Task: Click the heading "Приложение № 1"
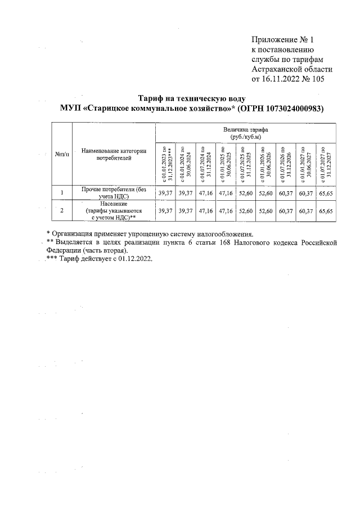pyautogui.click(x=283, y=39)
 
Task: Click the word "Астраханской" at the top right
pyautogui.click(x=279, y=70)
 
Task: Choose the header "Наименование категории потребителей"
pyautogui.click(x=114, y=155)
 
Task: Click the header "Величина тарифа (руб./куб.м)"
pyautogui.click(x=246, y=133)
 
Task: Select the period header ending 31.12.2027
pyautogui.click(x=326, y=163)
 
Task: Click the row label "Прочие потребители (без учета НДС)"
pyautogui.click(x=114, y=193)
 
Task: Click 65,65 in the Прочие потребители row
pyautogui.click(x=326, y=193)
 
